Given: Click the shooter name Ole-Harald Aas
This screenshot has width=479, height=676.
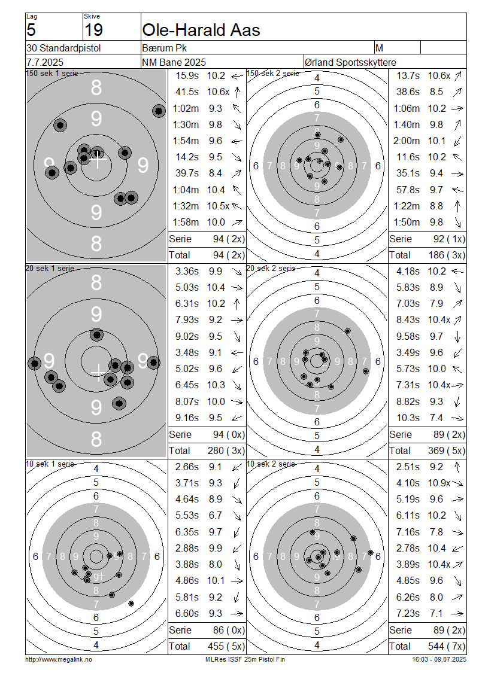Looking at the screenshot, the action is coord(201,30).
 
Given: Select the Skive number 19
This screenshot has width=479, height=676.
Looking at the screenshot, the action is coord(93,30).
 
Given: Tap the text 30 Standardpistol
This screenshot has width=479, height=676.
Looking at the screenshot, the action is coord(63,48).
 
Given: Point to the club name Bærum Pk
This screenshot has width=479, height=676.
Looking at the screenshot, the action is coord(165,48).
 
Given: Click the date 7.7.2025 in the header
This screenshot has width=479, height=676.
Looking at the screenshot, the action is coord(45,62).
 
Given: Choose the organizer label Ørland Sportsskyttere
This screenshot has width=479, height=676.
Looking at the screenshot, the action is coord(350,62).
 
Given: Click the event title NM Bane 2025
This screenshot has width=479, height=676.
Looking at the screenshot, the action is coord(174,62).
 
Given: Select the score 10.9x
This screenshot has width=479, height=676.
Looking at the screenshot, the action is coord(439,483).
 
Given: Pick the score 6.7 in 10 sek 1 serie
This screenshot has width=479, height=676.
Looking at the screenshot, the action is coord(216,515).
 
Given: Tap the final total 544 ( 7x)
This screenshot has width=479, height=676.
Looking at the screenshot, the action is coord(446,646).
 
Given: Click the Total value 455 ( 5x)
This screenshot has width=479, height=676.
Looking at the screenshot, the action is coord(226,646).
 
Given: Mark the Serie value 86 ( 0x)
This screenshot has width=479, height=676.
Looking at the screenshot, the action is coord(229,630).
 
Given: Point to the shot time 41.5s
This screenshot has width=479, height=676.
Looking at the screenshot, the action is coord(187,92).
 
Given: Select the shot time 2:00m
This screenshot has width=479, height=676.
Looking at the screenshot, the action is coord(407,141).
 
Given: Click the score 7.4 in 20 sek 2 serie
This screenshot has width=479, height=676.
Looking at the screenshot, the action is coord(436,418).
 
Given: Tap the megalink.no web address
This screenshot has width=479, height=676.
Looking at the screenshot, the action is coord(59,659).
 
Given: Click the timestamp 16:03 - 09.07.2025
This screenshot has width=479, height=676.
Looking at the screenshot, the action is coord(439,659).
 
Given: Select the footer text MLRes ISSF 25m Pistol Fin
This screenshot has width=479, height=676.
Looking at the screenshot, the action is coord(245,659).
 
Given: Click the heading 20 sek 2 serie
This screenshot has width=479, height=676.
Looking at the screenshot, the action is coord(271,268).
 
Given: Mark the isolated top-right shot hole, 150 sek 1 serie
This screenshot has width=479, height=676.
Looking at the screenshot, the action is coord(159,111).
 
